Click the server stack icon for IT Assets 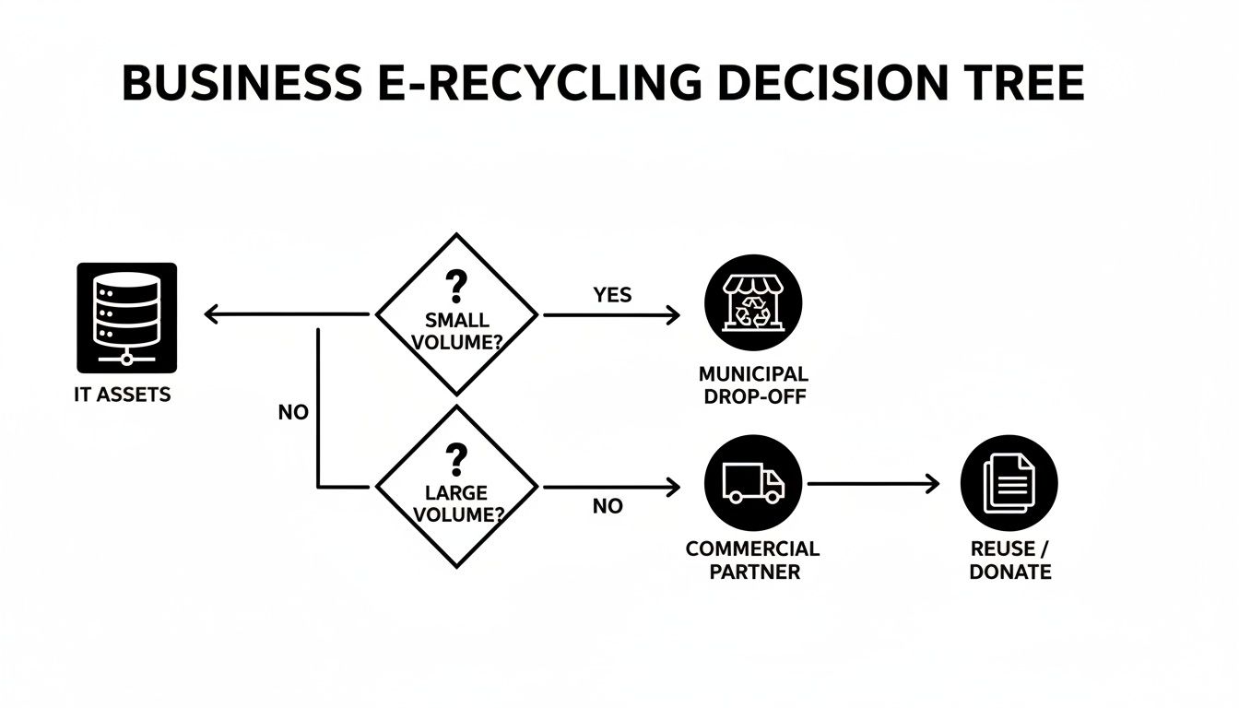coord(126,317)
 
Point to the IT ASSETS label coord(122,395)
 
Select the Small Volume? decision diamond coord(456,315)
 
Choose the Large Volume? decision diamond coord(456,486)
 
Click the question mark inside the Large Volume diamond coord(455,457)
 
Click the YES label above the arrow coord(612,295)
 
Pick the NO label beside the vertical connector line coord(293,413)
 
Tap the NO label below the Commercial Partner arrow coord(608,506)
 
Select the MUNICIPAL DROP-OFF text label coord(753,385)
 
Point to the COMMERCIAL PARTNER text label coord(752,560)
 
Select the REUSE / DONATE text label coord(1009,560)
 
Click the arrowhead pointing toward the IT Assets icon coord(211,315)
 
